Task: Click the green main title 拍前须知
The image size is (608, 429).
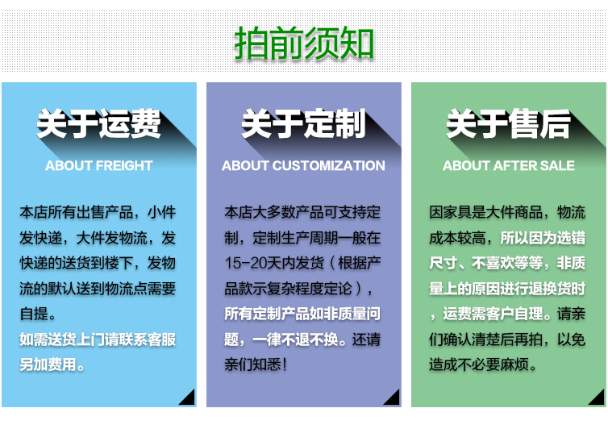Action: click(x=304, y=43)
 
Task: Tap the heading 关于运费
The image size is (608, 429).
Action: click(x=98, y=123)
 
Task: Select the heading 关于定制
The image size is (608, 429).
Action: click(x=304, y=123)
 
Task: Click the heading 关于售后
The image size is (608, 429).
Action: click(x=508, y=123)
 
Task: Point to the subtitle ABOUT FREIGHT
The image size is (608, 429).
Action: click(x=99, y=165)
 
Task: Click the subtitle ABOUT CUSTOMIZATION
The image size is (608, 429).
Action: click(x=304, y=165)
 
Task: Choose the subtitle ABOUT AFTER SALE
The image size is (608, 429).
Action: click(x=509, y=165)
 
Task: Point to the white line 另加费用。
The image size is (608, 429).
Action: click(x=52, y=364)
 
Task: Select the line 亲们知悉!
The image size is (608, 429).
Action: click(x=256, y=364)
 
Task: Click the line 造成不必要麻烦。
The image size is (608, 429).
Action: click(x=483, y=364)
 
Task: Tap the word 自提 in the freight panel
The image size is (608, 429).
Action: click(x=34, y=314)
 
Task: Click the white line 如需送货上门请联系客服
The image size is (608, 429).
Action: click(x=98, y=339)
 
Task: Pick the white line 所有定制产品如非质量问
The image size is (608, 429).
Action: click(x=302, y=314)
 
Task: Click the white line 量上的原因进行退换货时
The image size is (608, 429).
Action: click(x=507, y=289)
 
